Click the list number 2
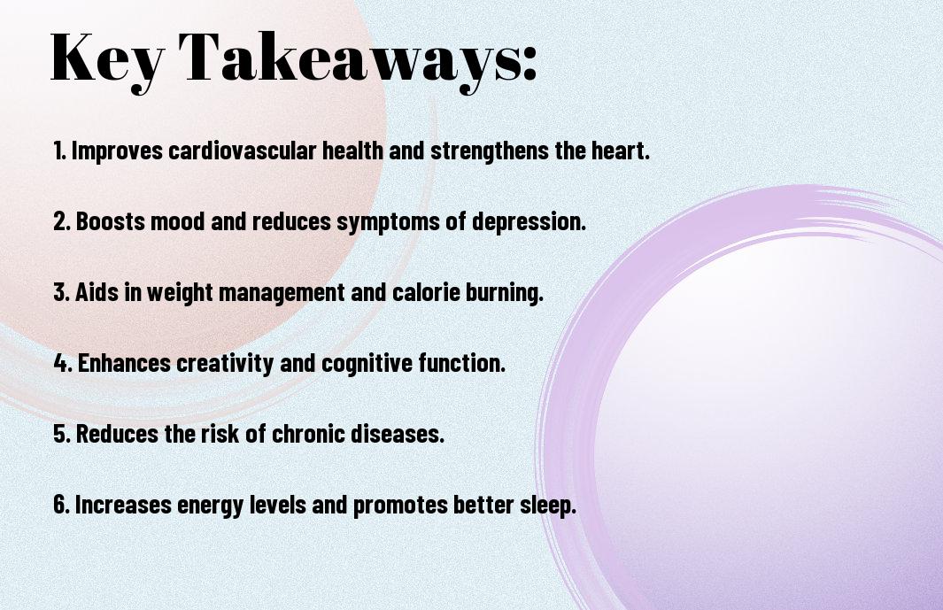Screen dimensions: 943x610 pos(62,221)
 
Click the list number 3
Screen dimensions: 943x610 pos(62,292)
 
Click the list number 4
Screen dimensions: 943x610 pos(63,363)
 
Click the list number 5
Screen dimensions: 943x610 pos(62,434)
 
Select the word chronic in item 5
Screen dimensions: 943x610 pos(308,434)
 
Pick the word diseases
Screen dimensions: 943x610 pos(398,434)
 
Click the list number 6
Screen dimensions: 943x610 pos(62,504)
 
